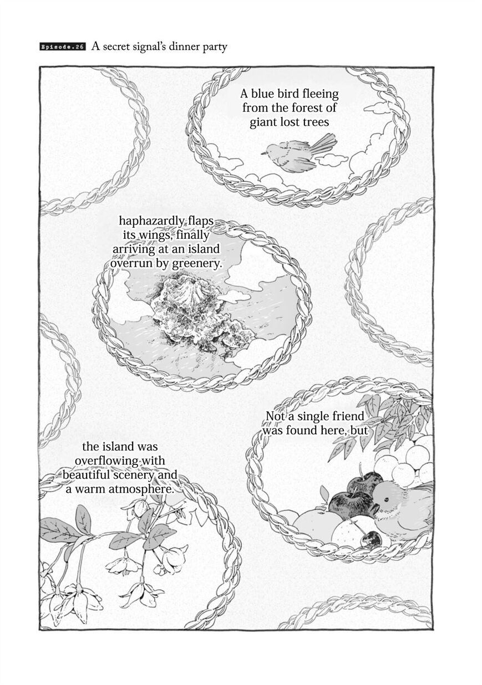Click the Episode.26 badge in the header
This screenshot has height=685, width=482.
coord(63,48)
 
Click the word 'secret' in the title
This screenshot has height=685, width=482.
coord(117,47)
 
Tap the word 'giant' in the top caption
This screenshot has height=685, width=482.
coord(263,123)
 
